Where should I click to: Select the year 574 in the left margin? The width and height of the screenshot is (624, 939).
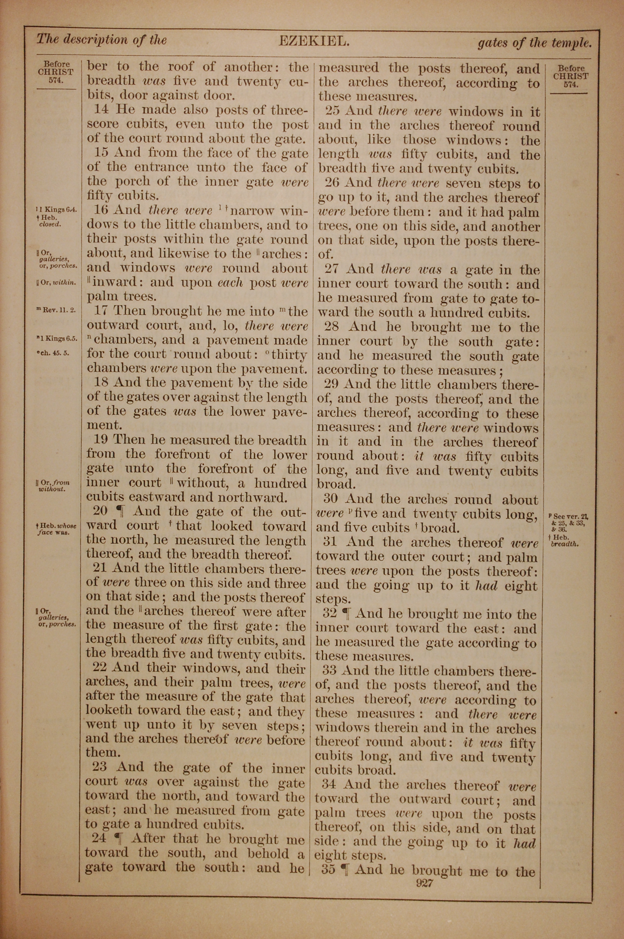pos(56,80)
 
